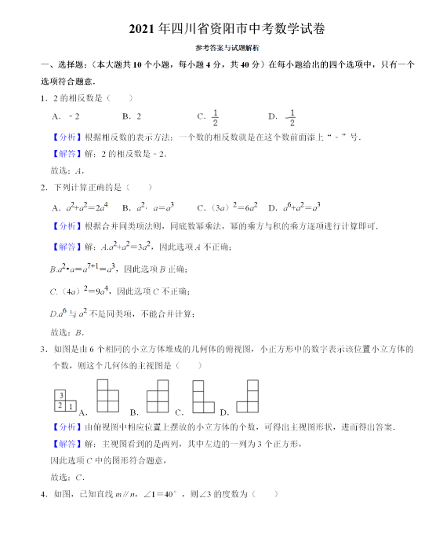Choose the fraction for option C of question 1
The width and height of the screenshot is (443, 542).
214,117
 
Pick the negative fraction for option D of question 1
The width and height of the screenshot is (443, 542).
290,117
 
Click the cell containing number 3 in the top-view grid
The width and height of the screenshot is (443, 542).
60,394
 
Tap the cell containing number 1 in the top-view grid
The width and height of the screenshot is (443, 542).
71,406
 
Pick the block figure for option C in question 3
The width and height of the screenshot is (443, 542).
203,397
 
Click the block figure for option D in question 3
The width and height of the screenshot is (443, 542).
248,397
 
